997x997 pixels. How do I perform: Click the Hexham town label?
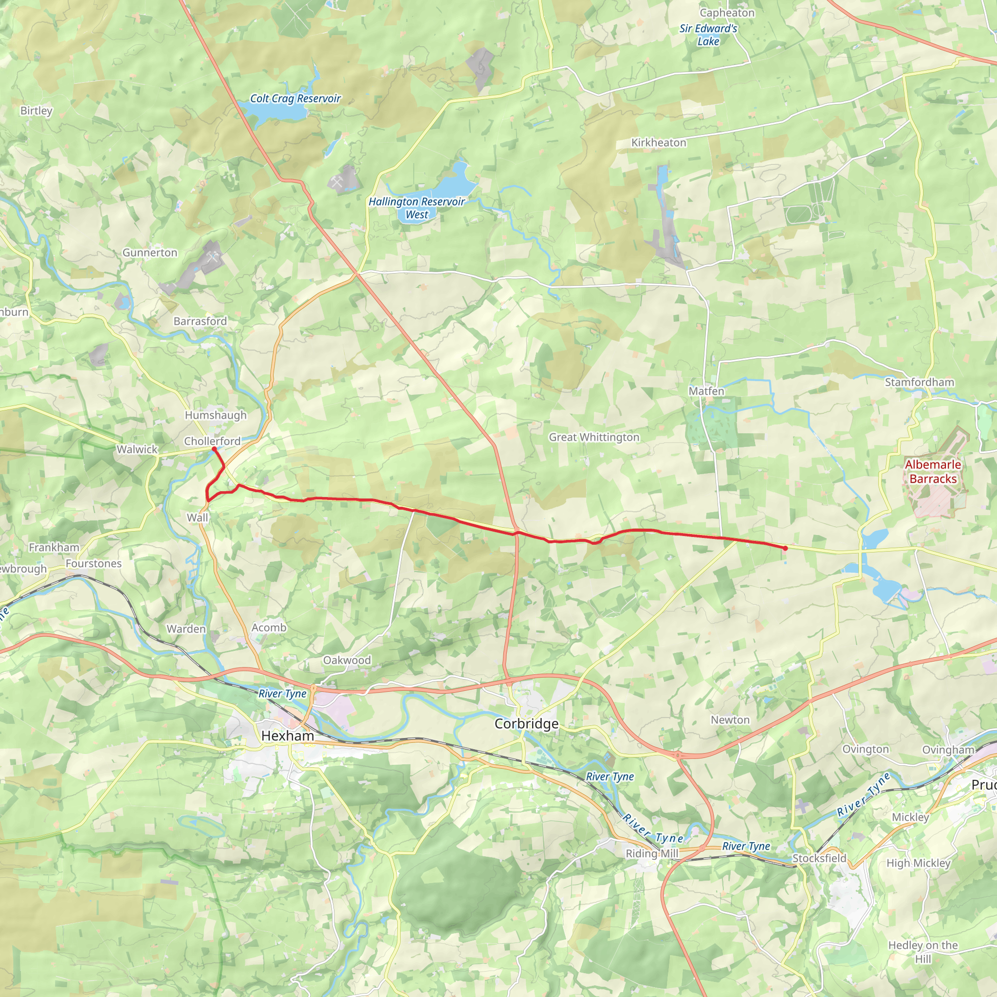click(287, 736)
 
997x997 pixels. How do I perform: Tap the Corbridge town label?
click(526, 723)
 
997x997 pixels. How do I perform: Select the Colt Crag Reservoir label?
click(295, 98)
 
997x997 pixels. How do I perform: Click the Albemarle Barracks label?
click(933, 472)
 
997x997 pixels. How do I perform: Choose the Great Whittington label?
click(594, 437)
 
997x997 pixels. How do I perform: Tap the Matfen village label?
click(706, 391)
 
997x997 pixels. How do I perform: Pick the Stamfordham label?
click(920, 382)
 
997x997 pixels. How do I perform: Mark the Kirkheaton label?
click(659, 143)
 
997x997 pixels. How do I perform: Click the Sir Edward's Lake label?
click(708, 35)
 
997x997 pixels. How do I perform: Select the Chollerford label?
click(212, 441)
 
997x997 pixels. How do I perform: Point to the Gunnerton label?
click(149, 252)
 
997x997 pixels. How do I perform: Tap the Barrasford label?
click(200, 321)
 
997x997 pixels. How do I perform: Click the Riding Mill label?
click(652, 853)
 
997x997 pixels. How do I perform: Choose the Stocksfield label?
click(819, 858)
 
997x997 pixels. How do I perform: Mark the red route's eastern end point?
click(785, 549)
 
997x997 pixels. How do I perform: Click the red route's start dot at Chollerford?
click(214, 449)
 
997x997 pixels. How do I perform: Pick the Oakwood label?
click(347, 660)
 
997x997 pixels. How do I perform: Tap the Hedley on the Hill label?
click(923, 952)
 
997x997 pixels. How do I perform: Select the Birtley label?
click(36, 111)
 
